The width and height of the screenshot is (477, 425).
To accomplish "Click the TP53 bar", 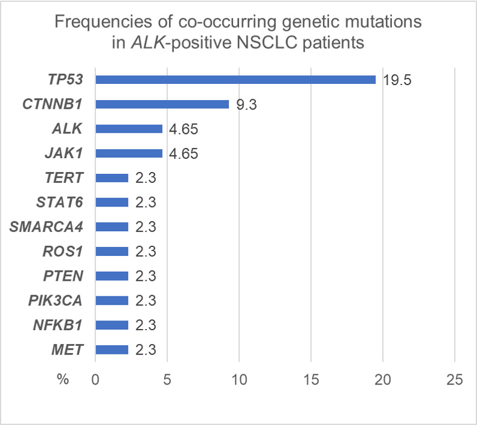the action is [235, 80].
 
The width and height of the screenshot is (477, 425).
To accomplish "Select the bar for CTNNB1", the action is [162, 104].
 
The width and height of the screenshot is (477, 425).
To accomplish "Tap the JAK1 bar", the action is [129, 153].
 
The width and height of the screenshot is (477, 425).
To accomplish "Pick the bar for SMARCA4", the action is [112, 227].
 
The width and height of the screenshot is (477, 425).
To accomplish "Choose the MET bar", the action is [112, 350].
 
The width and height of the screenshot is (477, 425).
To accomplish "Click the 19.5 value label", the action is [397, 80].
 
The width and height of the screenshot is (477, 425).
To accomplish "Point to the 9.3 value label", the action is [247, 105].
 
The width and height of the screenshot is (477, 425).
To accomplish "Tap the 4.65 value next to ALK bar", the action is [184, 129].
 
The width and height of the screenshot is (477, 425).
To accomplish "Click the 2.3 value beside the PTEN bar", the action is [146, 276].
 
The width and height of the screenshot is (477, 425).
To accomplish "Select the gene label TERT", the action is [64, 177].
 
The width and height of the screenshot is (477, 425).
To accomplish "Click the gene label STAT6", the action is [60, 202].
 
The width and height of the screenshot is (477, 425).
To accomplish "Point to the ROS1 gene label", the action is [63, 252].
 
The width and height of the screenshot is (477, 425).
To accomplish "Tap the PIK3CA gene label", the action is [56, 301].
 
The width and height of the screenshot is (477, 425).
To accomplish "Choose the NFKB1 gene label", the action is [58, 325].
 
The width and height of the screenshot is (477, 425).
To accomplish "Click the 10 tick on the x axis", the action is [239, 380].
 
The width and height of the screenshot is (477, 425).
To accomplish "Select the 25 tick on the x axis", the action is [455, 380].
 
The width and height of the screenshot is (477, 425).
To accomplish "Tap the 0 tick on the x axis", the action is [95, 380].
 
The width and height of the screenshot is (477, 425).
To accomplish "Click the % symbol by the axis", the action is [63, 379].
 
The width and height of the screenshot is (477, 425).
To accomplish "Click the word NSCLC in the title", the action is [267, 42].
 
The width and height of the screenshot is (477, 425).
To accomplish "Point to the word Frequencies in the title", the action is [103, 22].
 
